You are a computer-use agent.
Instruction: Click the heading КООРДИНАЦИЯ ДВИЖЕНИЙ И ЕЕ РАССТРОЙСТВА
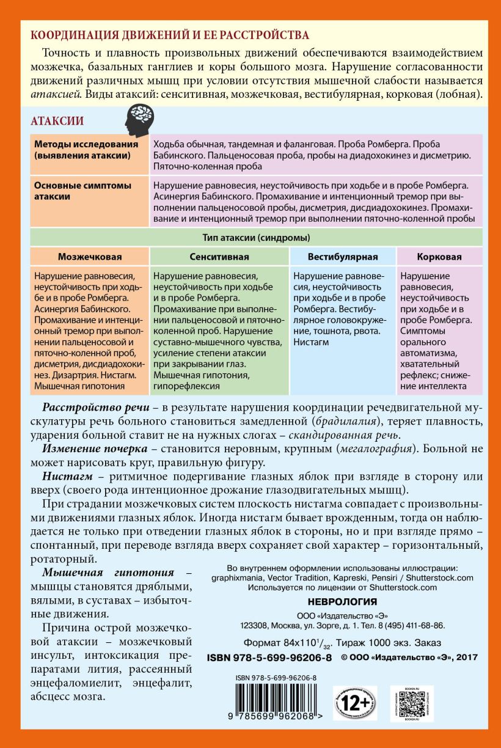click(170, 35)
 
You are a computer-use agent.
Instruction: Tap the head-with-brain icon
click(139, 120)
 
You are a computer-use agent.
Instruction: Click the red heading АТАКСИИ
click(57, 122)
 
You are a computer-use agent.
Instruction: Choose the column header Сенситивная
click(218, 257)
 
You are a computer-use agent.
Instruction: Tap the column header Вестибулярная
click(342, 257)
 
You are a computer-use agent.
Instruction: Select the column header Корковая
click(439, 257)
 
